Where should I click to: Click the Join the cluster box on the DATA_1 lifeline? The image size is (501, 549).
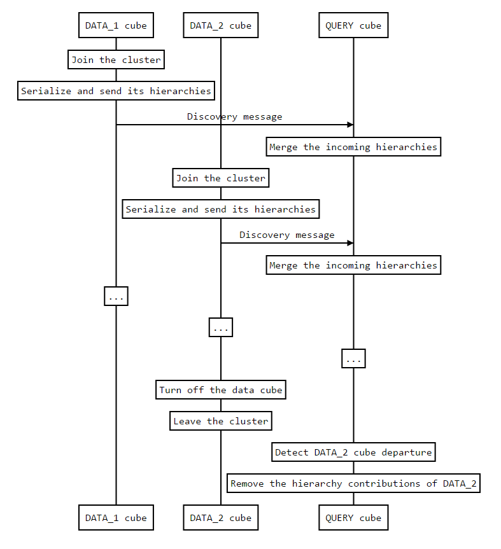pyautogui.click(x=116, y=60)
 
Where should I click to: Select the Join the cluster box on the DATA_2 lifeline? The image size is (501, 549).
pyautogui.click(x=221, y=178)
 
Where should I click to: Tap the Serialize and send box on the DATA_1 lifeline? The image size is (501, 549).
pyautogui.click(x=116, y=91)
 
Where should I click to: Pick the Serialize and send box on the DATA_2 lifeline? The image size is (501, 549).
pyautogui.click(x=221, y=209)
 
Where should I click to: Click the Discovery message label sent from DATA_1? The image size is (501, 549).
pyautogui.click(x=234, y=117)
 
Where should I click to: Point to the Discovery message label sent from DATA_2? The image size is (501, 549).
pyautogui.click(x=286, y=235)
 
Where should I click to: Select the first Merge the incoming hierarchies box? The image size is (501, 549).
pyautogui.click(x=353, y=147)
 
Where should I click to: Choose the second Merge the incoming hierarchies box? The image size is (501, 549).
pyautogui.click(x=353, y=265)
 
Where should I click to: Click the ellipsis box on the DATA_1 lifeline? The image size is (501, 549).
pyautogui.click(x=116, y=296)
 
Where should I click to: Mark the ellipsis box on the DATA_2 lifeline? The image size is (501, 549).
pyautogui.click(x=221, y=328)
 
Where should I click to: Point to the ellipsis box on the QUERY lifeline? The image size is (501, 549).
pyautogui.click(x=353, y=359)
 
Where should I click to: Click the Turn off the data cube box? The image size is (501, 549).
pyautogui.click(x=221, y=390)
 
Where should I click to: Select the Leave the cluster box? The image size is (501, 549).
pyautogui.click(x=221, y=421)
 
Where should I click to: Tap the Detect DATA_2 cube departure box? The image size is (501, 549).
pyautogui.click(x=353, y=452)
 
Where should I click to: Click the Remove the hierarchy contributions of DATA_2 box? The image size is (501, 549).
pyautogui.click(x=353, y=483)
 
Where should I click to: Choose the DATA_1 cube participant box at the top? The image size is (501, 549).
pyautogui.click(x=116, y=26)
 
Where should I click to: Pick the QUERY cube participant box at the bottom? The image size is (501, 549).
pyautogui.click(x=353, y=518)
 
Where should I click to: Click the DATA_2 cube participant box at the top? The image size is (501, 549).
pyautogui.click(x=221, y=26)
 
